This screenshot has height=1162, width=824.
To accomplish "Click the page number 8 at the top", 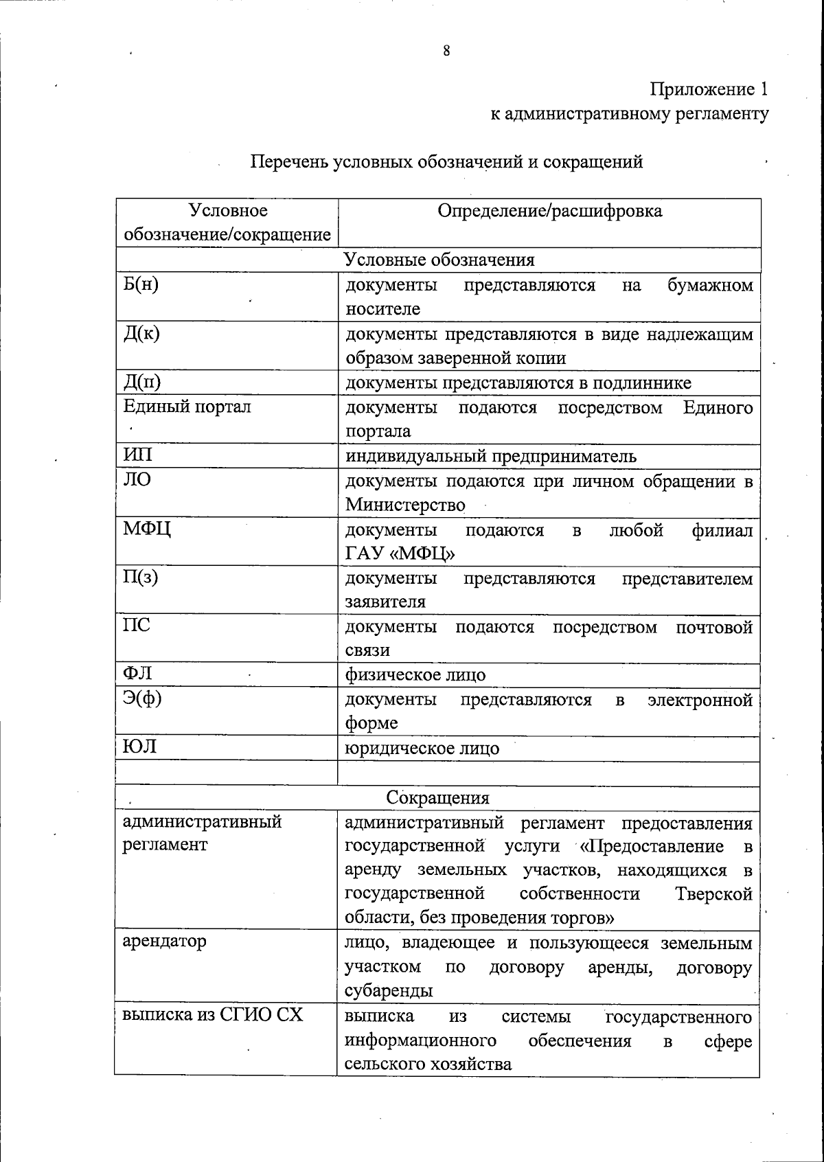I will coord(446,51).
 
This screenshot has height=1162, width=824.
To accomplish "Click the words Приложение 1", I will coord(709,89).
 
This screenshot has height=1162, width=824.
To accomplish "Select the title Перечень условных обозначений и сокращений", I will coord(446,162).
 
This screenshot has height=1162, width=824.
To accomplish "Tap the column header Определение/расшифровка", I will coord(549,211).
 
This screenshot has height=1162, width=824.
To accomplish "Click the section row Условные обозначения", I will coord(438,260).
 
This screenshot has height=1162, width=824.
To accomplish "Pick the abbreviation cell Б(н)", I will coord(141,284).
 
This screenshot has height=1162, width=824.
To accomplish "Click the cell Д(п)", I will coord(141,382).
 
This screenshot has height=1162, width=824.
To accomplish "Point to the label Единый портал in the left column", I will coord(187,407).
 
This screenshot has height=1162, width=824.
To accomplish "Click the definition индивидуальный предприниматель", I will coord(490,456).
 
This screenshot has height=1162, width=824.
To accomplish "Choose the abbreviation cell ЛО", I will coord(137,479).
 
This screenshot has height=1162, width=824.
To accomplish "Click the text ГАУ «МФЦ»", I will coord(400,554).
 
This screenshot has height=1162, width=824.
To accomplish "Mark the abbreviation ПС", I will coord(137,626).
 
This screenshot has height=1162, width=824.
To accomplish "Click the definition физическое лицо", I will coord(415,675).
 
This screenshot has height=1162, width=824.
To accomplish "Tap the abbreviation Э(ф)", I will coord(142,699).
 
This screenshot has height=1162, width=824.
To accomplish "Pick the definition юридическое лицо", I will coord(422,748).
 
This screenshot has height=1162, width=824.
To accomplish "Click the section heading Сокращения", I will coord(437,797).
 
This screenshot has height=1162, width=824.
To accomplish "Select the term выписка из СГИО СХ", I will coord(212,1014).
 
